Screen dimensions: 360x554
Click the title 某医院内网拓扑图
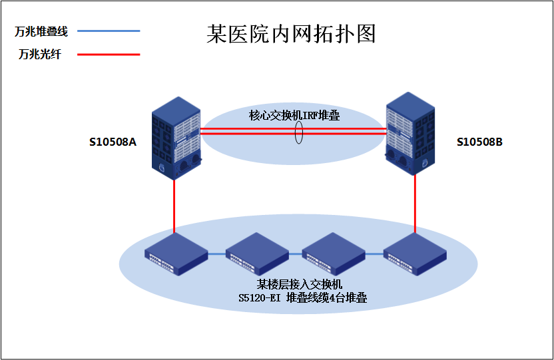(291, 34)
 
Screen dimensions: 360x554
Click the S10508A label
(113, 142)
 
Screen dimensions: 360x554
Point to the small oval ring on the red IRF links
(299, 132)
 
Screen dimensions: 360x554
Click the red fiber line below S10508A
(174, 206)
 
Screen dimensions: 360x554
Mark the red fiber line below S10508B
(415, 203)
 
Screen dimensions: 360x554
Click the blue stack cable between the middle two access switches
(295, 254)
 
